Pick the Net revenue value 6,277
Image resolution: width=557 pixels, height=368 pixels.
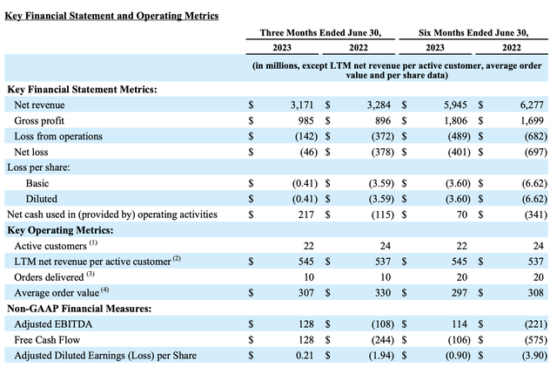click(x=536, y=105)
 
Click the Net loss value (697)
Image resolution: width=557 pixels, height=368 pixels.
click(x=536, y=152)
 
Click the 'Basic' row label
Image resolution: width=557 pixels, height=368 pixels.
click(x=37, y=183)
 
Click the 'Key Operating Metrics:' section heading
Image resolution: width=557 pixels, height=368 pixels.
click(x=60, y=229)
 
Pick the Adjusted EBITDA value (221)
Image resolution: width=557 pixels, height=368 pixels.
click(x=536, y=324)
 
